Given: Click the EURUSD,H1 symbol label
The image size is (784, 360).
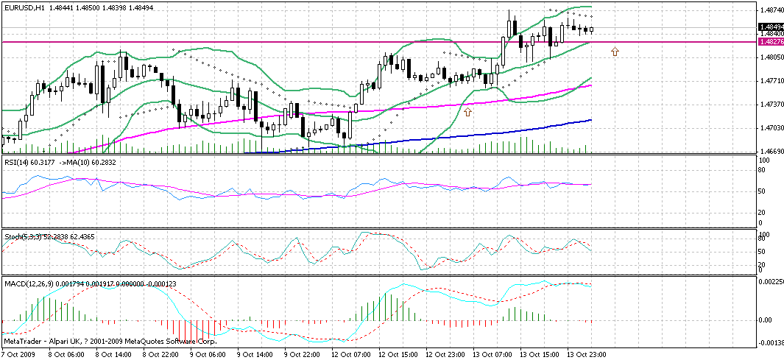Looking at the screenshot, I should tap(24, 7).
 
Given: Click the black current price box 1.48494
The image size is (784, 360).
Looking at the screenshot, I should tap(770, 27).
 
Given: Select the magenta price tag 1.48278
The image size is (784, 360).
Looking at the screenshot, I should tap(770, 42).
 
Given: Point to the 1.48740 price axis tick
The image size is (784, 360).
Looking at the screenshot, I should tap(770, 10).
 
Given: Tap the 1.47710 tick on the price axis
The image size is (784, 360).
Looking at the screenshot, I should tap(770, 80).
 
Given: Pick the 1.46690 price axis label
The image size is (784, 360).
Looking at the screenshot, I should tap(770, 150).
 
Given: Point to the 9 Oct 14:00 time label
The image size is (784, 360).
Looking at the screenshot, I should tap(253, 354).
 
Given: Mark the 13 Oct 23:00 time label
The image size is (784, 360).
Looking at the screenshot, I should tap(586, 354).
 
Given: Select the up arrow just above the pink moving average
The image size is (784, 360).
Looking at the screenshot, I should tap(468, 110).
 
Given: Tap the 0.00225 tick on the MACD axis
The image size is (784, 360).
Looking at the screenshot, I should tap(770, 281).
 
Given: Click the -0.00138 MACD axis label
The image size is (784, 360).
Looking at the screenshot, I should tap(770, 343).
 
